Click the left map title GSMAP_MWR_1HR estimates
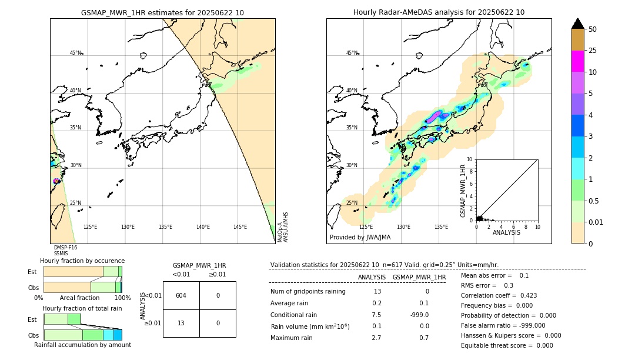pos(162,12)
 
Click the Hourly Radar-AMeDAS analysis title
pos(439,12)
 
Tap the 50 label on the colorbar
pos(593,29)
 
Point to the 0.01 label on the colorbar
pos(596,222)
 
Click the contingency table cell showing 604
pos(181,295)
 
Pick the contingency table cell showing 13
pos(181,323)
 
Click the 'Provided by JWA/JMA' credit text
pos(360,238)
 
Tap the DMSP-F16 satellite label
pos(65,248)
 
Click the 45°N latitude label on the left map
pos(75,53)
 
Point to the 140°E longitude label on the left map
pos(203,227)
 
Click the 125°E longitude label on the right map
pos(366,227)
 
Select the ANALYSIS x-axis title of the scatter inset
pos(506,232)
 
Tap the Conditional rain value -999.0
pos(419,315)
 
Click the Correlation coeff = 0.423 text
pos(499,295)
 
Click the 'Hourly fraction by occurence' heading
pos(82,261)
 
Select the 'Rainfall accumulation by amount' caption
pos(82,345)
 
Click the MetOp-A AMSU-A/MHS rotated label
pos(283,227)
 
